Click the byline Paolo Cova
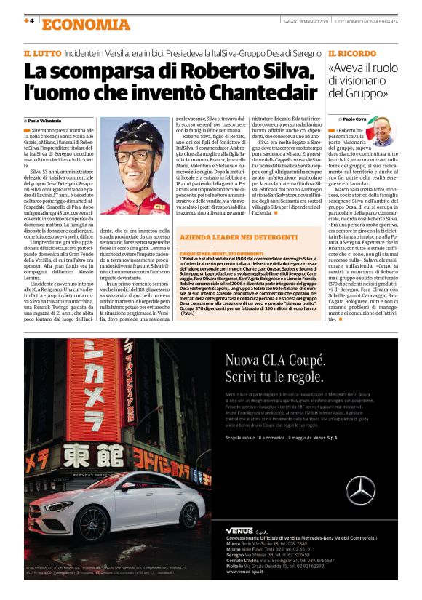(356, 118)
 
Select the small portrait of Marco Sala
(381, 132)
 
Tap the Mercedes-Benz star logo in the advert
(361, 490)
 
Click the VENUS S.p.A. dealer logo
(241, 530)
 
